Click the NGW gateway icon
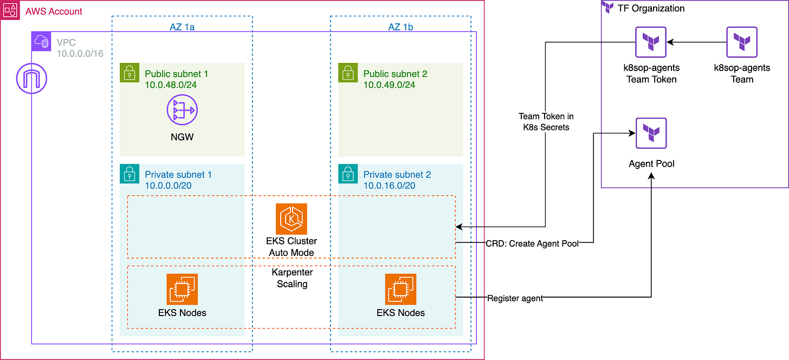(x=182, y=111)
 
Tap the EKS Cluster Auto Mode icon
(x=292, y=219)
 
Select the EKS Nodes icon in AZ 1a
(x=182, y=289)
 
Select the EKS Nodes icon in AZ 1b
(x=400, y=289)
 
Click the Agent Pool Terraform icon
(x=651, y=133)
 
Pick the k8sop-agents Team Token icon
(x=651, y=42)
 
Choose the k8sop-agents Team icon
(x=742, y=42)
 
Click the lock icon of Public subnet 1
(x=129, y=72)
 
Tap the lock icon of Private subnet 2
(x=347, y=173)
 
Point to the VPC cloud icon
(x=41, y=41)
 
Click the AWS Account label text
(x=54, y=11)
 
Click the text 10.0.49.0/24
(x=389, y=85)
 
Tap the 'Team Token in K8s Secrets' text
(x=546, y=121)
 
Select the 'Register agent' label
(x=515, y=298)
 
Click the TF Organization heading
(x=651, y=8)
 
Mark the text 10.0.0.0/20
(x=168, y=185)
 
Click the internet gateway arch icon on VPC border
(x=32, y=79)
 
